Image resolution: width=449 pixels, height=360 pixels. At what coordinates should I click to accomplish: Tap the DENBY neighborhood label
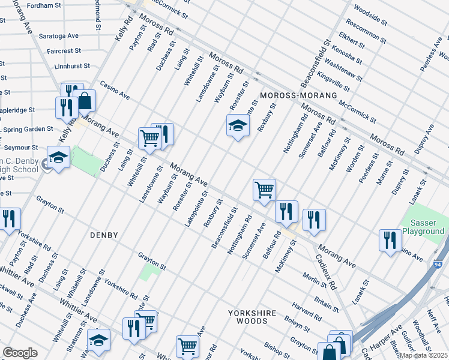(x=105, y=235)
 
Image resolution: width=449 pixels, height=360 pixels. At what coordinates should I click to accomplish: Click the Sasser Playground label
(x=423, y=227)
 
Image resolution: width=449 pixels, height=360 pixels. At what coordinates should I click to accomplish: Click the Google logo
(x=20, y=353)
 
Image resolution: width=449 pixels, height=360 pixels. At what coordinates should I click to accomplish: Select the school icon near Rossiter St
(x=238, y=126)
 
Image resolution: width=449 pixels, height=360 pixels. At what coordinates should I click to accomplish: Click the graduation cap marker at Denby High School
(x=59, y=158)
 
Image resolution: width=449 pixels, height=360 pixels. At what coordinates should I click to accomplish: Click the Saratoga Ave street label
(x=59, y=36)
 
